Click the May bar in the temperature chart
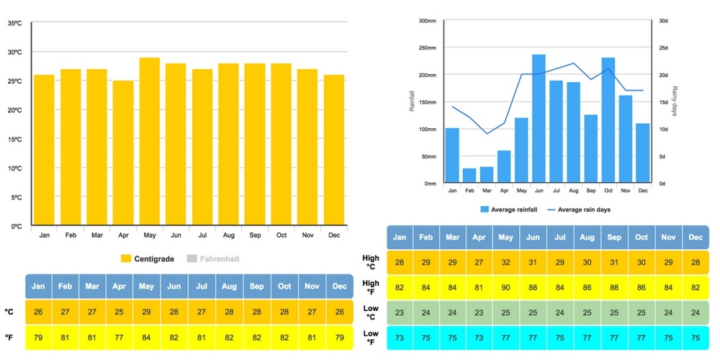[x=150, y=142]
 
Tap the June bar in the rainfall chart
[x=539, y=119]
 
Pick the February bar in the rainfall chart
[x=469, y=176]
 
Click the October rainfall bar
[x=608, y=120]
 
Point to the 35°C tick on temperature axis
[x=14, y=23]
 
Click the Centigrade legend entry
[x=148, y=258]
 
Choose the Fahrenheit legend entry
[x=213, y=258]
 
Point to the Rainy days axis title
[x=675, y=102]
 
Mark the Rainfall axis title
[x=412, y=102]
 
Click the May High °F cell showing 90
[x=505, y=288]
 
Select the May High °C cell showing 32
[x=505, y=262]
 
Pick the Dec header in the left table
[x=339, y=287]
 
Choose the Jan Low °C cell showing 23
[x=400, y=313]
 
